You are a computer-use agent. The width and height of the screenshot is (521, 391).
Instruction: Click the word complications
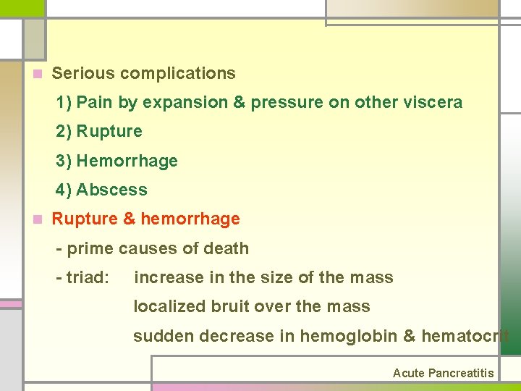tap(178, 73)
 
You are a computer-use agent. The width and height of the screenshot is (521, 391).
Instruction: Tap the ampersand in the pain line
tap(239, 103)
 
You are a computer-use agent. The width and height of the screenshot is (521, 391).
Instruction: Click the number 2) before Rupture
tap(64, 132)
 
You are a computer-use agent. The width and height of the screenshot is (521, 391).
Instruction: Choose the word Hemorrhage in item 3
tap(127, 161)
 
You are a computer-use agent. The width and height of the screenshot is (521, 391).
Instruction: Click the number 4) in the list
tap(64, 190)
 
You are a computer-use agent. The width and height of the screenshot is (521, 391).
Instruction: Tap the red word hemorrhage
tap(190, 219)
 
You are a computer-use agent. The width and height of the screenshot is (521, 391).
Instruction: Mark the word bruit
tap(230, 307)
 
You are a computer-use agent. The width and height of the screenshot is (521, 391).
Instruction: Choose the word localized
tap(169, 307)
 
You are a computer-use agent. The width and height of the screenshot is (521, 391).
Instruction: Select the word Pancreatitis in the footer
tap(461, 374)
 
